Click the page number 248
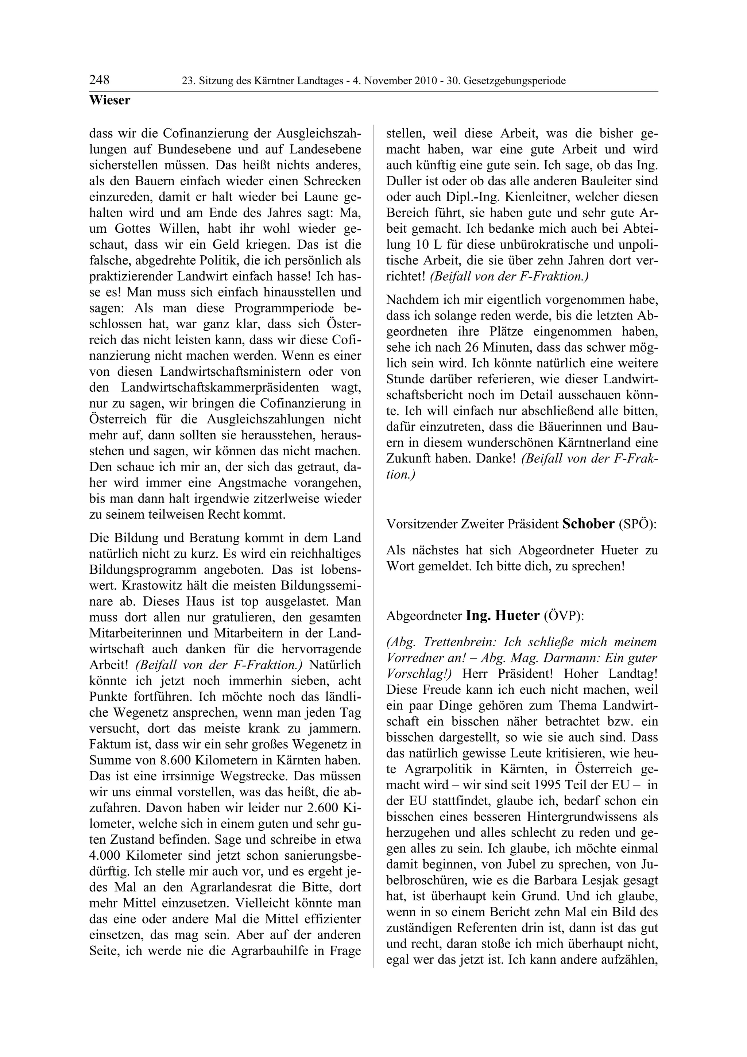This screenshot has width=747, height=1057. (100, 80)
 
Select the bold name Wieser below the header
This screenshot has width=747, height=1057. (109, 100)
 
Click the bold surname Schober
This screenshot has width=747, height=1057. (588, 524)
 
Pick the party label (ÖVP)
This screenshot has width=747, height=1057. (564, 616)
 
